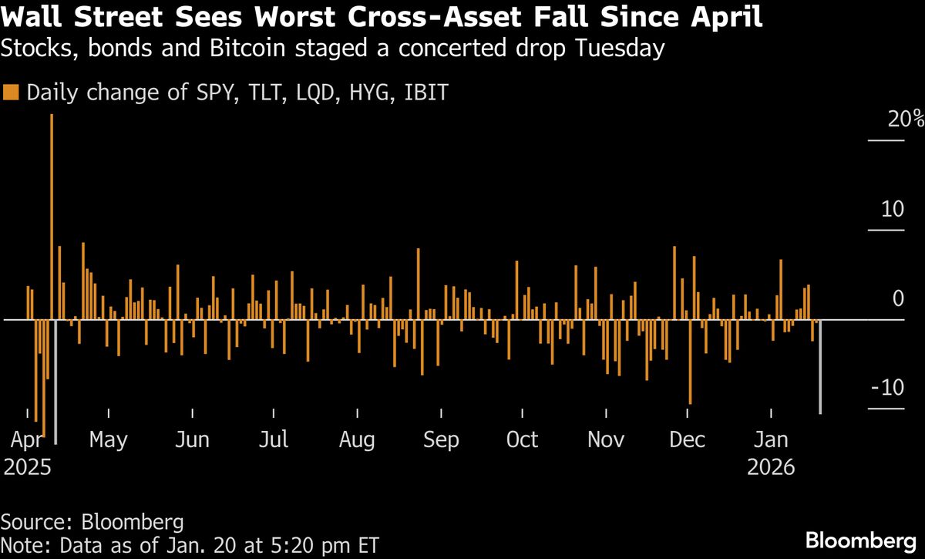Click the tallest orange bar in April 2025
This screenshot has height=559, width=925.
(x=52, y=217)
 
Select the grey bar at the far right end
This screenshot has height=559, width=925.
(x=820, y=367)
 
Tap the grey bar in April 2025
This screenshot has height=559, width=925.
(x=55, y=382)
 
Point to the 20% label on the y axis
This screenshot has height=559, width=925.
(x=906, y=120)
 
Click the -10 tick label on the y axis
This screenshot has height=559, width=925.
(x=887, y=388)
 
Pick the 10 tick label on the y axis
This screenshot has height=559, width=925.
(x=893, y=209)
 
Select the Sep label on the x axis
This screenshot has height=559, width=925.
(x=441, y=439)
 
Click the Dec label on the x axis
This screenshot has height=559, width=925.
(x=687, y=439)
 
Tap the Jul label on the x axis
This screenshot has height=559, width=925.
(x=274, y=439)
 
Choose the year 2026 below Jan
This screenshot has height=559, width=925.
(x=771, y=467)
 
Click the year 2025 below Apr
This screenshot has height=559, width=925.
(x=27, y=467)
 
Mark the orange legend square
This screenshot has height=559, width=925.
(x=11, y=92)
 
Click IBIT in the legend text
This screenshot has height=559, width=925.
(x=426, y=92)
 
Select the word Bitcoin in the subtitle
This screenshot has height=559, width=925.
(x=247, y=48)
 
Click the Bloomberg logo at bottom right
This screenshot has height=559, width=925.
(x=861, y=541)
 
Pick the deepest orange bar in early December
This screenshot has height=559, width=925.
(x=690, y=362)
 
